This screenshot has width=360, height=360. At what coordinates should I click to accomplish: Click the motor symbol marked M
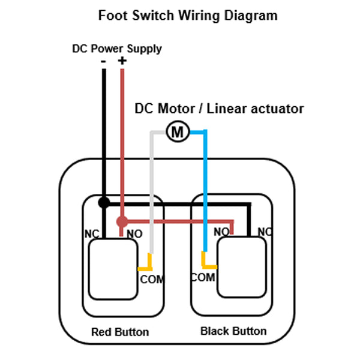pos(178,131)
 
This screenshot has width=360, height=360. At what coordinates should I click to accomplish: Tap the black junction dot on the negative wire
pos(104,203)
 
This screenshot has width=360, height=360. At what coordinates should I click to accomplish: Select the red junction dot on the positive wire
pos(122,221)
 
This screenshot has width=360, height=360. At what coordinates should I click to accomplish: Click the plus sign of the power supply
pos(122,61)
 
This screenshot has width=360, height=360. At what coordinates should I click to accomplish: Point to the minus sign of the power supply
pos(103,62)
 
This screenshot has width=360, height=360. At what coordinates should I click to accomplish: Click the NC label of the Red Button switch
pos(92,234)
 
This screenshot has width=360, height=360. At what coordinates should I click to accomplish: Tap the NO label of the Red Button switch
pos(134,234)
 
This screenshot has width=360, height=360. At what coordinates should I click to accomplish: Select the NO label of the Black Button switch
pos(221,232)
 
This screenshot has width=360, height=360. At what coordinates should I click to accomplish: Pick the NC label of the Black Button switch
pos(265,232)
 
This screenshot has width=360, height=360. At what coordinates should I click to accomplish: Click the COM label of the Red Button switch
pos(152,280)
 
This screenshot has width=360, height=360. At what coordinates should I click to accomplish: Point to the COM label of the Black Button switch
pos(203,277)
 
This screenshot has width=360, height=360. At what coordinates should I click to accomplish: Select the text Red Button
pos(120,332)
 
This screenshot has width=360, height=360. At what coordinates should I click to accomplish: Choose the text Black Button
pos(233,331)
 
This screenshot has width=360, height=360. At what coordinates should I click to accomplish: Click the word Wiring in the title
pos(199,16)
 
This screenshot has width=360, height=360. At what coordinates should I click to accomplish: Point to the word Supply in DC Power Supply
pos(145,49)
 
